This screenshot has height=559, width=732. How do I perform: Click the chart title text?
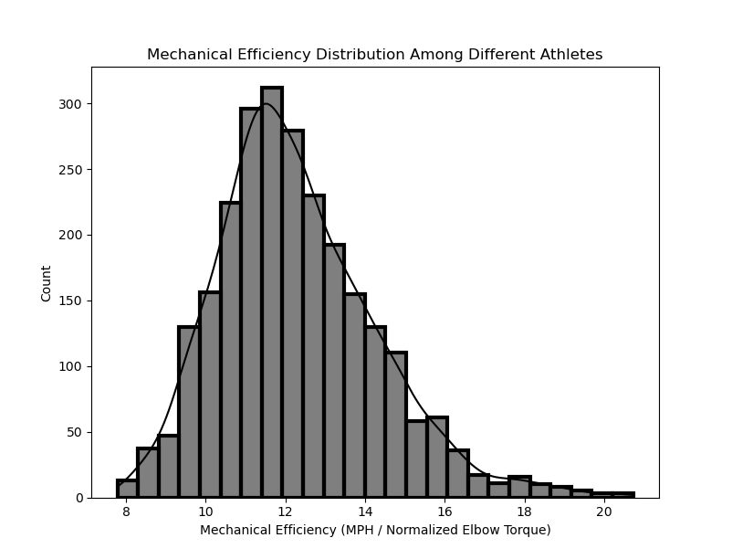374,55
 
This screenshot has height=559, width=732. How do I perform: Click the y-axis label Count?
47,283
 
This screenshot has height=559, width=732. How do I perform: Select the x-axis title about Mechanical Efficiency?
375,530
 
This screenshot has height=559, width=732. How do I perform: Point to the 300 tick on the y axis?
71,104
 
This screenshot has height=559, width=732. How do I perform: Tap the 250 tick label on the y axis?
71,170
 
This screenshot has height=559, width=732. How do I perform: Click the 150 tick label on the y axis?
71,301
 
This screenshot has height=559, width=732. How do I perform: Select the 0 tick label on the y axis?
78,498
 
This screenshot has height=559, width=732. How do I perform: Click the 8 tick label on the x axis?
126,512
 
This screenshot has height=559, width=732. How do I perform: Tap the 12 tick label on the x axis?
285,512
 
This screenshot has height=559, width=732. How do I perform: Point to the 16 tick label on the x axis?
444,512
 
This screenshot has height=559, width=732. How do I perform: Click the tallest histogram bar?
271,292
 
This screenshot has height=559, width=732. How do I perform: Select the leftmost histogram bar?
127,489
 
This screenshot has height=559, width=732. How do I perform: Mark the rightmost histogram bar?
623,495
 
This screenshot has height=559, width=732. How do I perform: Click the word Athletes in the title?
572,55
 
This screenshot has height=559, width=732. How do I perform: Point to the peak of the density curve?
267,104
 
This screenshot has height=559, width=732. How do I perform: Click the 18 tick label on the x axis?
524,512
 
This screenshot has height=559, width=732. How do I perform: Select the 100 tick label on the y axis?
71,366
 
